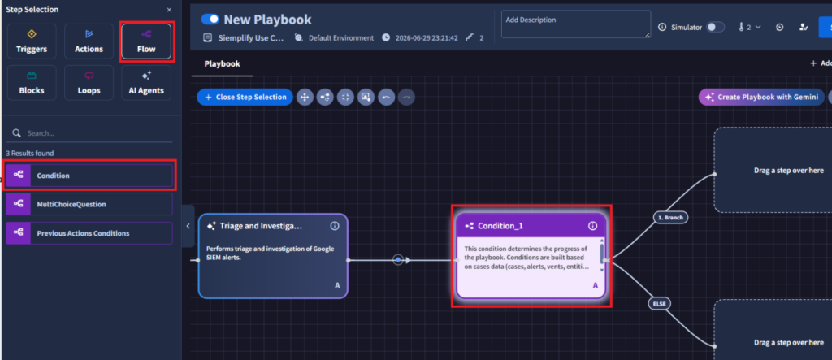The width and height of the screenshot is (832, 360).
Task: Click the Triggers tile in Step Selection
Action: click(32, 41)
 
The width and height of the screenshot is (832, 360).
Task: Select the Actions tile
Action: click(89, 41)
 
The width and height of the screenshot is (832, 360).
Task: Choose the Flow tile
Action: click(146, 41)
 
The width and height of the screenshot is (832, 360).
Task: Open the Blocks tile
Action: click(32, 82)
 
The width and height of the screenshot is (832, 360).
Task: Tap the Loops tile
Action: click(89, 82)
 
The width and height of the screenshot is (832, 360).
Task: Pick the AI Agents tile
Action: click(146, 82)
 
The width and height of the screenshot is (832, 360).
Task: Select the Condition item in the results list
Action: click(89, 176)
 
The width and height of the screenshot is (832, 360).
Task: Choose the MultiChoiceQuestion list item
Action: click(89, 204)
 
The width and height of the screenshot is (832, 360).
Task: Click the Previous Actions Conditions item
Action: click(89, 233)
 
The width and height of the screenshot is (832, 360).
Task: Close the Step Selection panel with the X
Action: click(169, 10)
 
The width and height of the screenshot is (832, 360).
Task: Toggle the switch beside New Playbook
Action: click(210, 20)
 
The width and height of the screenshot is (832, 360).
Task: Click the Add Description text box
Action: click(576, 24)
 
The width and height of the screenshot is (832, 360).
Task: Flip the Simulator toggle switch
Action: click(715, 27)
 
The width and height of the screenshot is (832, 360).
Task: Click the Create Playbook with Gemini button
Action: click(761, 98)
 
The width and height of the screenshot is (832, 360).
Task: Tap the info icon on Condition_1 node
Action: click(592, 226)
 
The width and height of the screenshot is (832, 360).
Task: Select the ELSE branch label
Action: click(659, 304)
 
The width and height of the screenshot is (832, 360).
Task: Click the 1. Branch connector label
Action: click(670, 218)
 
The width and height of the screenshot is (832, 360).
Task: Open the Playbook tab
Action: click(223, 63)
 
